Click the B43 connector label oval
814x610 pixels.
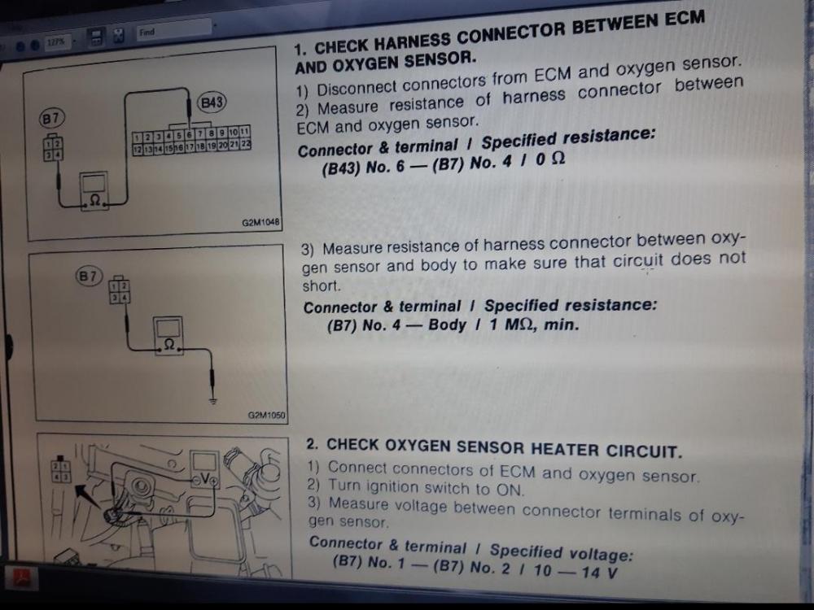[212, 102]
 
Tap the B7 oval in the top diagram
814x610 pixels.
[50, 119]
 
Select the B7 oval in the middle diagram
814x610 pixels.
[89, 276]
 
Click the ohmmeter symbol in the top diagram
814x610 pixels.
[94, 190]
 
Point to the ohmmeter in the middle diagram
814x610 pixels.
[168, 336]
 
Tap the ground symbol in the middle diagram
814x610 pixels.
[212, 400]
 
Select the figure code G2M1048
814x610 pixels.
[260, 223]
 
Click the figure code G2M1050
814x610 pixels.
[266, 415]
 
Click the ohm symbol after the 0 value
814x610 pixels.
[557, 159]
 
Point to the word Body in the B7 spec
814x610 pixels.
[447, 325]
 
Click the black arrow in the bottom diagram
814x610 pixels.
[87, 497]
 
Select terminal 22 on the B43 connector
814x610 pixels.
[246, 145]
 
